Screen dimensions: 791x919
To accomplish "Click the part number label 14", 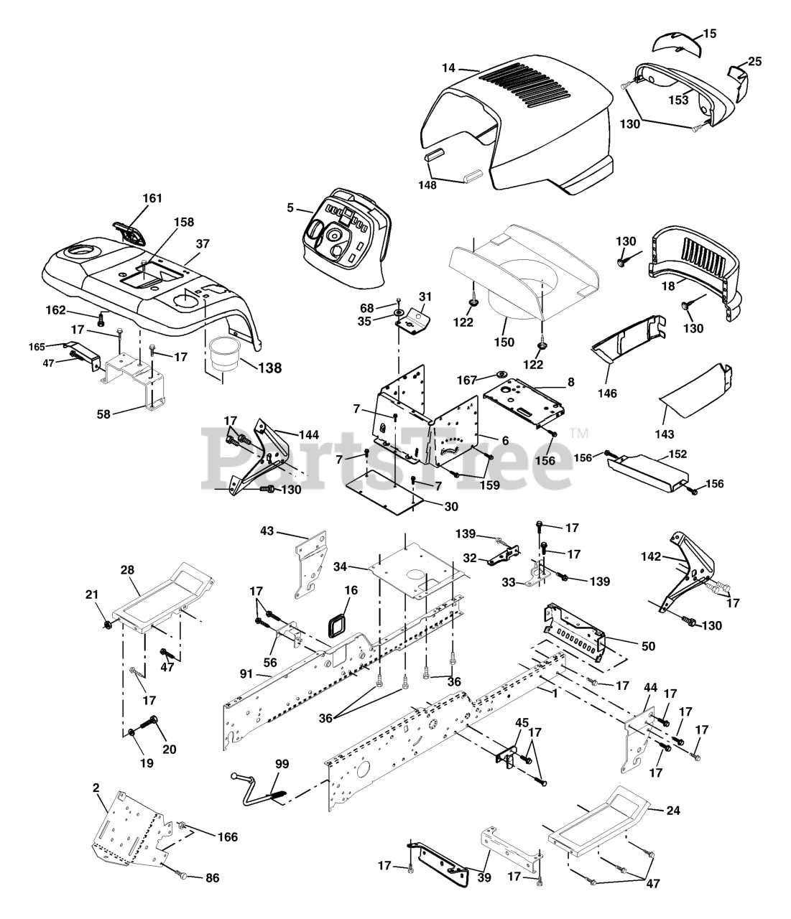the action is [x=448, y=68].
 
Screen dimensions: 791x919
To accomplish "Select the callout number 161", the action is [x=152, y=198].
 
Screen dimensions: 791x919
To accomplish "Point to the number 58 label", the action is [x=103, y=414].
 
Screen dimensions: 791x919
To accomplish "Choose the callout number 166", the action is [x=227, y=836].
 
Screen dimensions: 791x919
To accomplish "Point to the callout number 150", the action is [x=504, y=342].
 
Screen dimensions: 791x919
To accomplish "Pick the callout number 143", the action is [x=665, y=434].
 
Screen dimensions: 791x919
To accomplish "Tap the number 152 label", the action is [x=677, y=454].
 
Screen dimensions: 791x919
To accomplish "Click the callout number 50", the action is [x=649, y=645].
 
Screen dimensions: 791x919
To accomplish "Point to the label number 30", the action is [x=451, y=506].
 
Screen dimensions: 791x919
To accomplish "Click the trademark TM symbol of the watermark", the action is [x=579, y=433].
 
